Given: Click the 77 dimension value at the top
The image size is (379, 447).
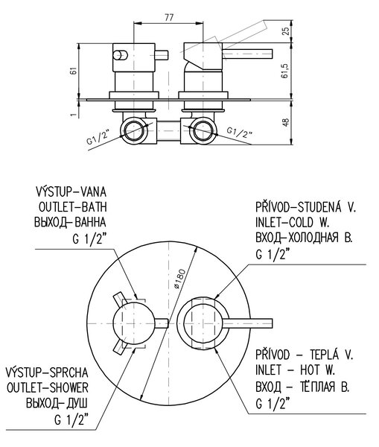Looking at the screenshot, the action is point(169,17).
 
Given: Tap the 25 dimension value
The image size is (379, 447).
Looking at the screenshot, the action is point(286,31).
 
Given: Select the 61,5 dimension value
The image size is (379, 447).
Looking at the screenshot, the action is point(286,71).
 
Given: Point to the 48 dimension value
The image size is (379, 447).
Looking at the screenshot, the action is point(286,122).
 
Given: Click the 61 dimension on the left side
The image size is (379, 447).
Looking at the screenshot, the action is point(73,71).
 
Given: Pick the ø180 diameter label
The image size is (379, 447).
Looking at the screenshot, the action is point(180,279).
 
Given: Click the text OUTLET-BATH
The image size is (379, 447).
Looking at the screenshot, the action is point(72,207).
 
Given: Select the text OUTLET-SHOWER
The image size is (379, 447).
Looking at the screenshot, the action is point(48,387).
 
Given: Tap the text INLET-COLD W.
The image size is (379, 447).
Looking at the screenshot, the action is point(293,222).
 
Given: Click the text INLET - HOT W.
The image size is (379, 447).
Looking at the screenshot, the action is point(295,370).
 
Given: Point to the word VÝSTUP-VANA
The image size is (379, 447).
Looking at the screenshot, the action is point(71,191).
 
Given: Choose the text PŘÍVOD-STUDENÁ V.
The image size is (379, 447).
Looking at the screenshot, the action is point(306,206).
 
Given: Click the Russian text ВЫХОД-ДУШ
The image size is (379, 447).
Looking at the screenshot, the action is point(57,403).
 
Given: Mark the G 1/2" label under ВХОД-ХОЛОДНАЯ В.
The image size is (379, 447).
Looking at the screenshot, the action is point(273,254).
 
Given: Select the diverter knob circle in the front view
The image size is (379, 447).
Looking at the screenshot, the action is point(133,323).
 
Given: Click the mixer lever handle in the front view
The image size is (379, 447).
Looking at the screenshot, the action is point(247,323).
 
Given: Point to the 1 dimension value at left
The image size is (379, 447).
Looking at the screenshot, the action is point(74,114).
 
